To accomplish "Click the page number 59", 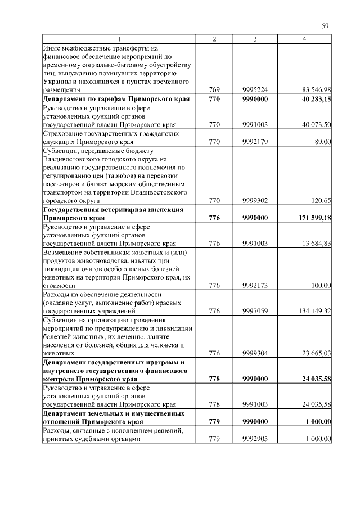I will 325,25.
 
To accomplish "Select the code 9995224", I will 255,89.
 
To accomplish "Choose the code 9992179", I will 255,142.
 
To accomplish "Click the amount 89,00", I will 323,142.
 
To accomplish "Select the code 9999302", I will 255,200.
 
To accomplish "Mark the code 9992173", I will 255,286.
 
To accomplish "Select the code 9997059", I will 255,310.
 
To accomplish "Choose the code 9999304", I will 255,353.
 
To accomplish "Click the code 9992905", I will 255,438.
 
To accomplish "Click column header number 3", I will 255,38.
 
